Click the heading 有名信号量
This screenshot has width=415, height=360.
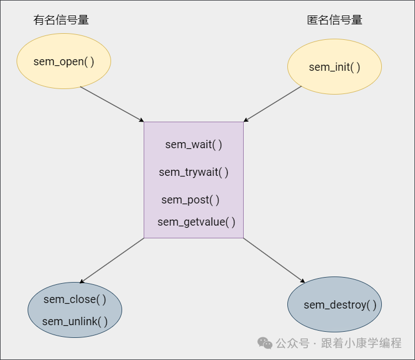61,20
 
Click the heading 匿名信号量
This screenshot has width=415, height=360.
335,20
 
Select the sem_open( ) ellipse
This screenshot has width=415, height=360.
64,61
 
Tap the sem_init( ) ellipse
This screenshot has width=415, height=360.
334,67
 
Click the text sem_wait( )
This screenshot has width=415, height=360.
193,145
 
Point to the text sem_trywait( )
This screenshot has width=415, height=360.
193,172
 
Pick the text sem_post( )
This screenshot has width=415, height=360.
190,200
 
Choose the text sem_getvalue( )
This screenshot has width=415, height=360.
196,222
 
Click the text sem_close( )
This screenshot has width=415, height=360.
75,299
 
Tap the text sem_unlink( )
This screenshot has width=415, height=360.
75,321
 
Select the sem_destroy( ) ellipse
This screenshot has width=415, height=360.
334,305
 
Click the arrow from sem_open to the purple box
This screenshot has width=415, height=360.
112,104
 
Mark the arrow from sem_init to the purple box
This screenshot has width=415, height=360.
273,103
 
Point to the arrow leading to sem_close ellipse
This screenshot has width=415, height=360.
112,260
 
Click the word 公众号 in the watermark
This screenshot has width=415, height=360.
292,343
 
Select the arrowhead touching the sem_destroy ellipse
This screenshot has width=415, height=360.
302,280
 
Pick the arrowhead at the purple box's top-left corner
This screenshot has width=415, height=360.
141,120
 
